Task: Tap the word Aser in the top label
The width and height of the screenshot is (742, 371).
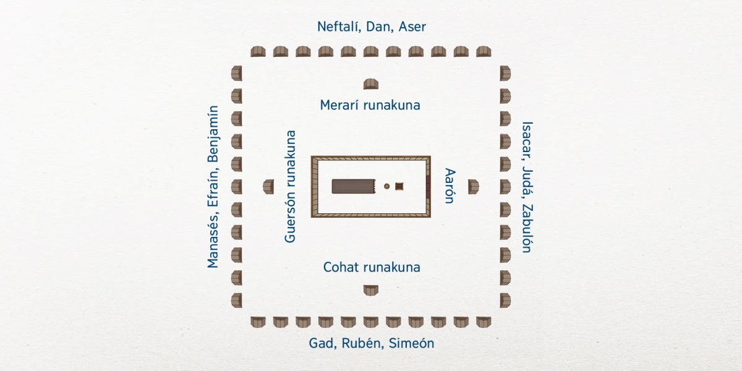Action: (x=412, y=27)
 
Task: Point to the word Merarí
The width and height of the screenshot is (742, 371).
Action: (x=340, y=105)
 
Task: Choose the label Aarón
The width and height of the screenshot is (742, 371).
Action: (x=450, y=185)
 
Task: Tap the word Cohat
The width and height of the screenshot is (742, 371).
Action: (x=341, y=268)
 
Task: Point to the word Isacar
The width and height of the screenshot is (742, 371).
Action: (x=526, y=139)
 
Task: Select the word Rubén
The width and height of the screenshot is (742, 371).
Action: (x=362, y=344)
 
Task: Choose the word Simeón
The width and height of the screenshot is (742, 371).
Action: (x=411, y=344)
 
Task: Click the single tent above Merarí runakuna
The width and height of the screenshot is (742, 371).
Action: (x=371, y=84)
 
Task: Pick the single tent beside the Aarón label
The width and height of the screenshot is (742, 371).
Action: (x=474, y=186)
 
